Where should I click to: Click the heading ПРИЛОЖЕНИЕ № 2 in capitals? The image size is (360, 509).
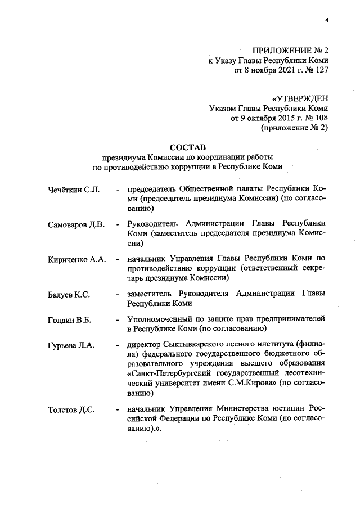291,51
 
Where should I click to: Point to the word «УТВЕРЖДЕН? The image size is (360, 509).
300,98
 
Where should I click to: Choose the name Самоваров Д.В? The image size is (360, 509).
76,225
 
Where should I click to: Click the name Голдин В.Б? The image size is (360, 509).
70,319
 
